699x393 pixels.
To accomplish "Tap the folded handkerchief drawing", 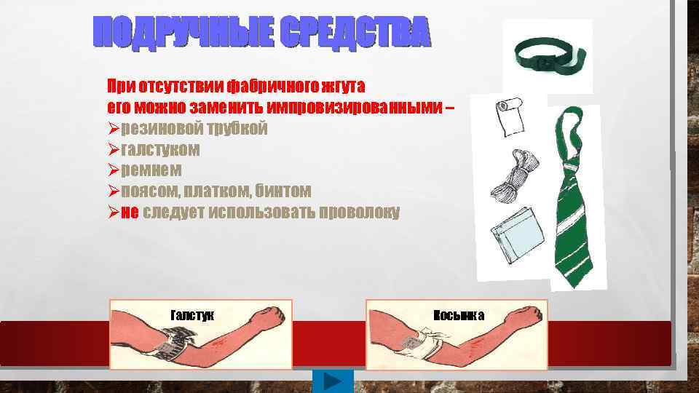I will click(513, 234).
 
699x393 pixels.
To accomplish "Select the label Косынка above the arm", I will click(459, 315).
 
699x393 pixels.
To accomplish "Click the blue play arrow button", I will click(333, 381).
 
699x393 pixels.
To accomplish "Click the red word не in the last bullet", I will click(129, 212).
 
